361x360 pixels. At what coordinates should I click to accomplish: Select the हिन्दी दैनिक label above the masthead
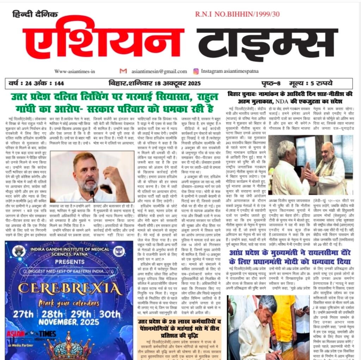(35, 15)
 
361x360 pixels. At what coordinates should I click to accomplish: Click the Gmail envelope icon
(123, 71)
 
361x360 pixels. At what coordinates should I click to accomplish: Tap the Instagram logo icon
(196, 71)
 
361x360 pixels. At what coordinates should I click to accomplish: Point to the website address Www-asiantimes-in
(75, 71)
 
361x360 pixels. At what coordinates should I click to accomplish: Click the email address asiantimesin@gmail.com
(159, 71)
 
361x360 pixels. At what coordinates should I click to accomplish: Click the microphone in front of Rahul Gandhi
(92, 195)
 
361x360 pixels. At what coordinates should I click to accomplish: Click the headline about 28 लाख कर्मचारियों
(180, 327)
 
